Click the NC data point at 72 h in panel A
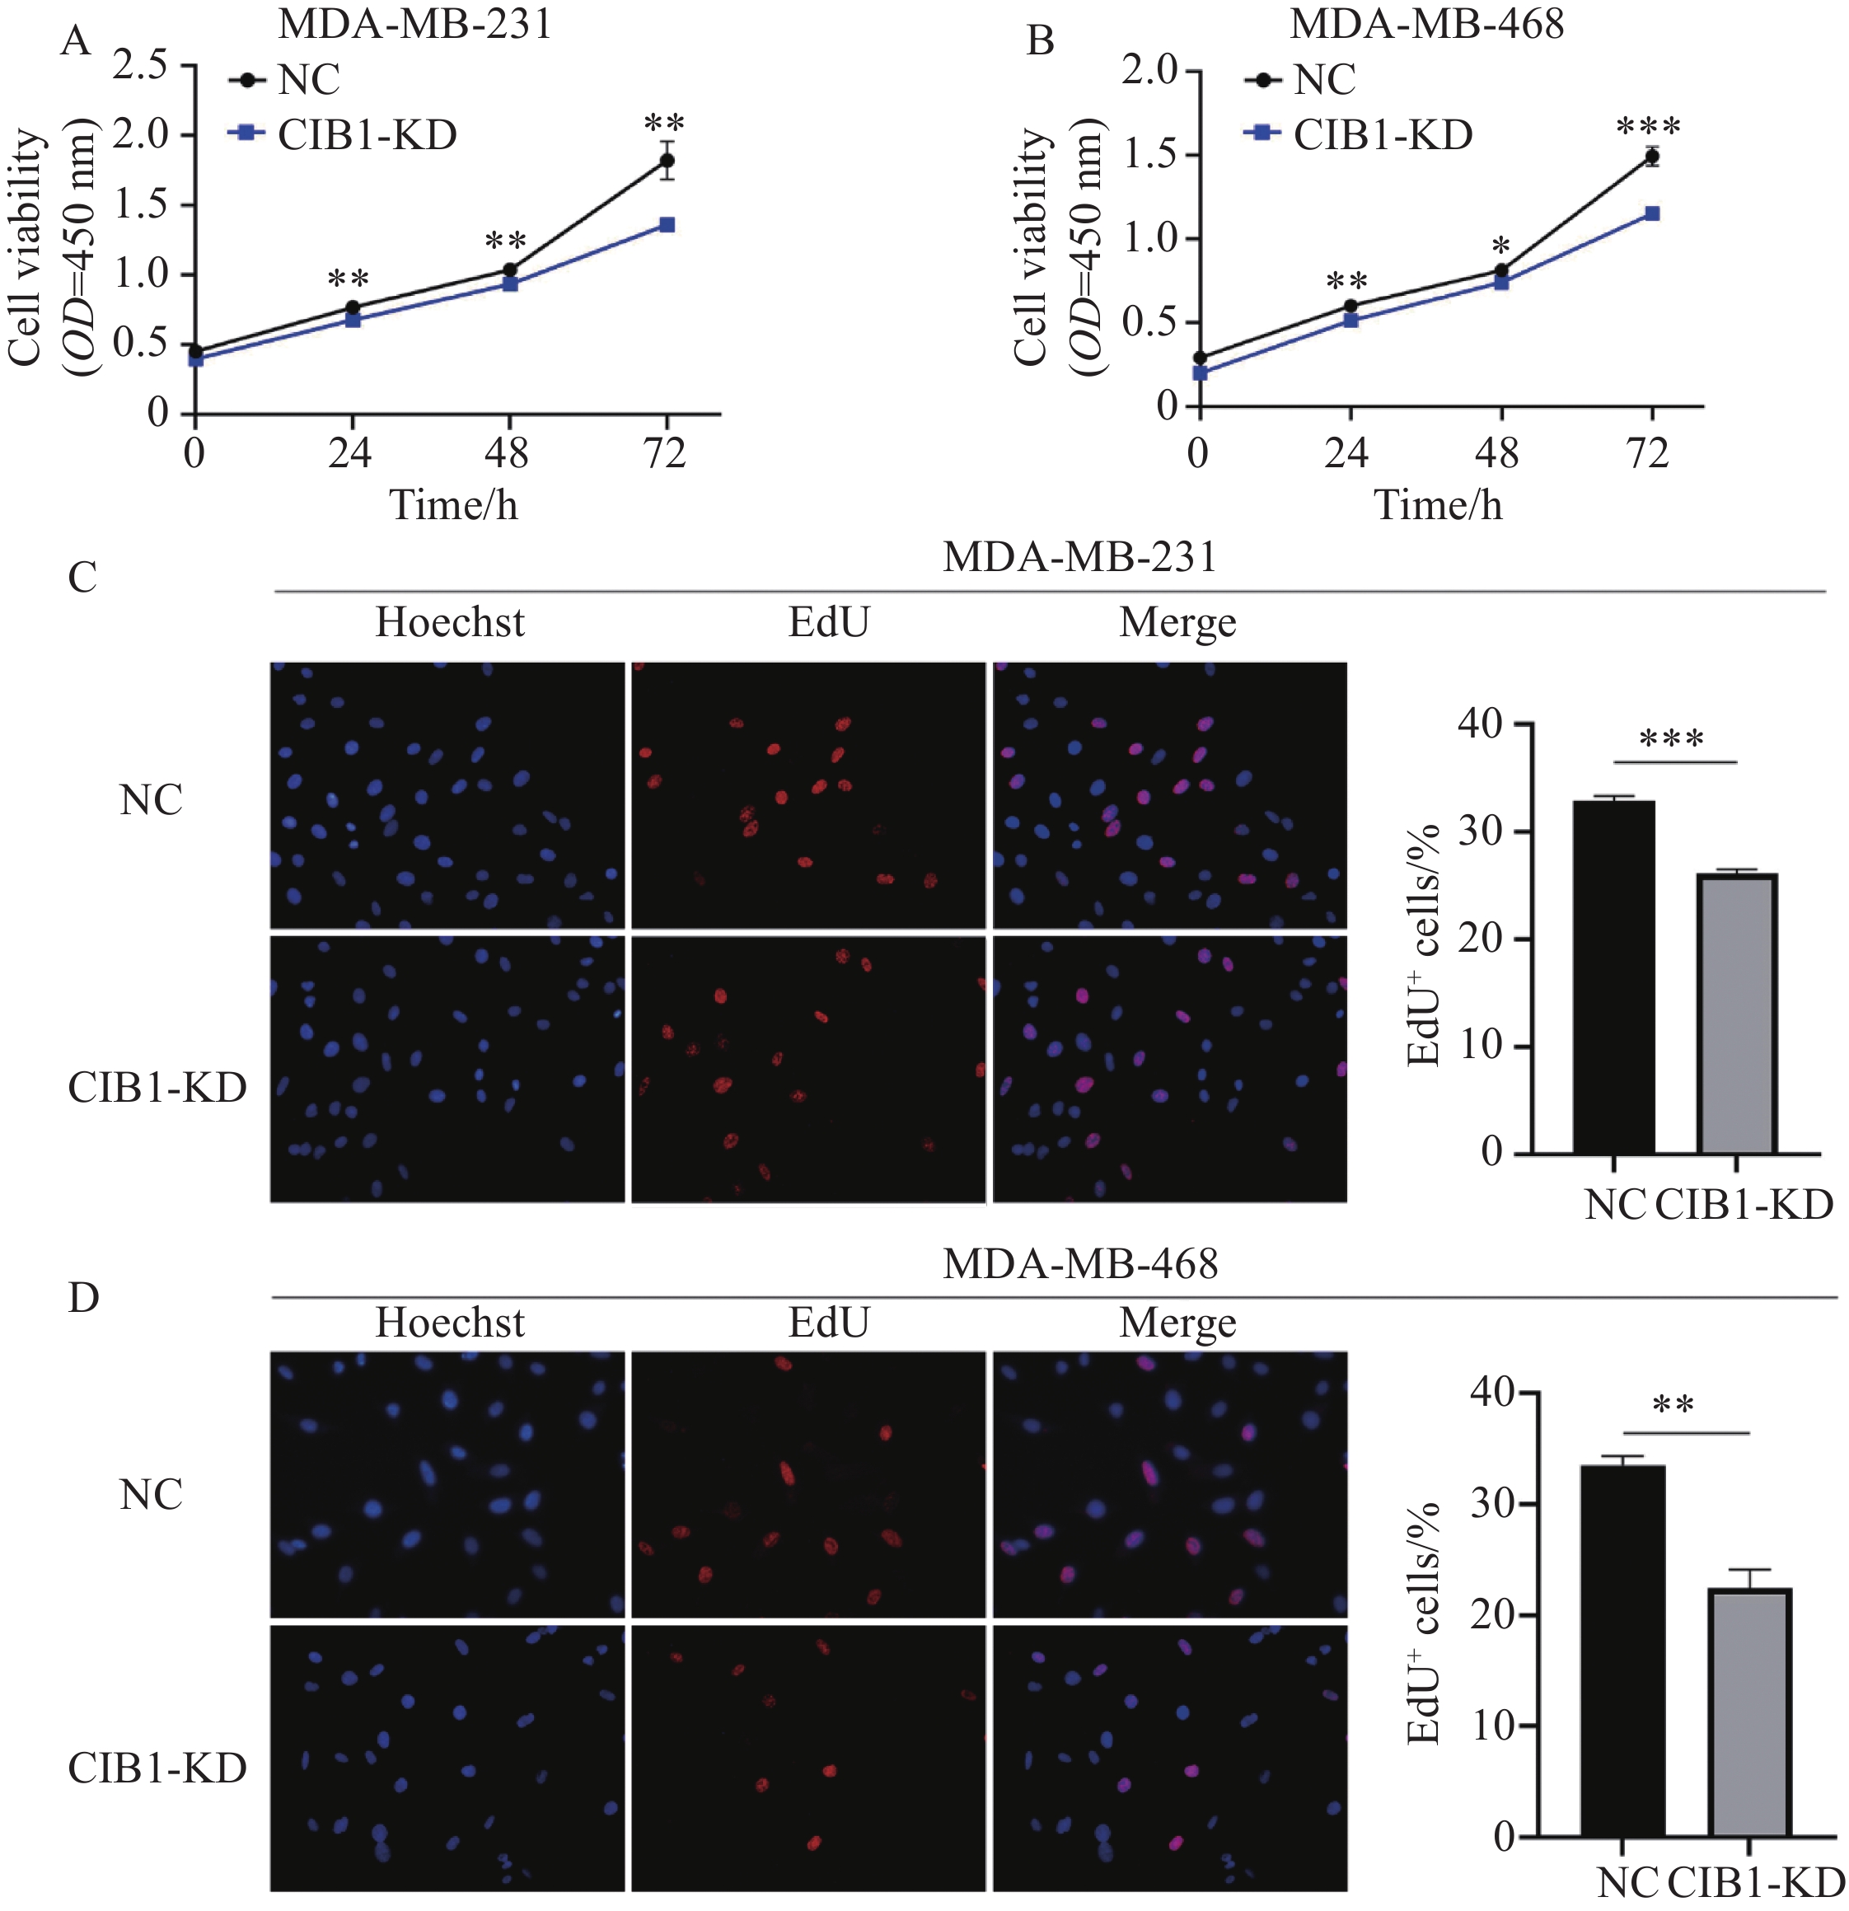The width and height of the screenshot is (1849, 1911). tap(667, 161)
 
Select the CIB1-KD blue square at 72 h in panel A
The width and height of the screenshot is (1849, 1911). tap(667, 225)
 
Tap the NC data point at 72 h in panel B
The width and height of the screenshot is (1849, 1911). tap(1651, 156)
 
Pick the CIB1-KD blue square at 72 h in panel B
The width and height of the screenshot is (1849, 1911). tap(1652, 213)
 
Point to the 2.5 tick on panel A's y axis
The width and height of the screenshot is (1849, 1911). tap(143, 65)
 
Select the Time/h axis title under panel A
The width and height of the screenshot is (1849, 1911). tap(453, 505)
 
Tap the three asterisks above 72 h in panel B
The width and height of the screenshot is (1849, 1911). tap(1648, 128)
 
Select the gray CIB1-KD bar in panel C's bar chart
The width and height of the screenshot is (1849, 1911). tap(1737, 1014)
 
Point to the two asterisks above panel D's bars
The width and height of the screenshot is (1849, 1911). tap(1673, 1406)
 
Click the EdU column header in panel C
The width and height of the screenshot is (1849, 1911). tap(828, 622)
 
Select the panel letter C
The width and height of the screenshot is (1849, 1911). tap(83, 577)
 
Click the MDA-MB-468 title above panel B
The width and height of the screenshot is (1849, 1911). tap(1427, 23)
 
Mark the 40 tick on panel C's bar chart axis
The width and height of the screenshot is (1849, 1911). tap(1482, 724)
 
